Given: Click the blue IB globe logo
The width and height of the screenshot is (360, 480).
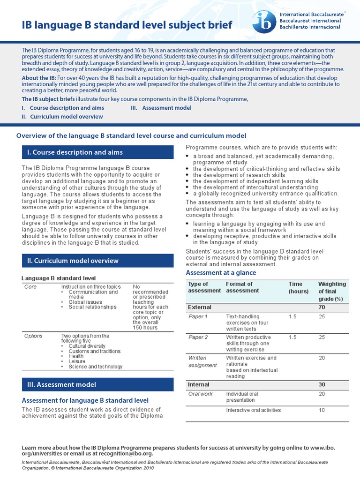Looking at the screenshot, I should click(264, 22).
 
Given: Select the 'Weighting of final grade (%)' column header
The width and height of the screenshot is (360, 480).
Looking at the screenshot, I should click(332, 291).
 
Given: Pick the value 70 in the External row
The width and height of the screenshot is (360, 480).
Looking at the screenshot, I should click(322, 307).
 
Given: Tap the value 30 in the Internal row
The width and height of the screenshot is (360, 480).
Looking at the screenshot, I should click(322, 384).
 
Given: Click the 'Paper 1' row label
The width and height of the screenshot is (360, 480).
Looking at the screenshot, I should click(197, 317).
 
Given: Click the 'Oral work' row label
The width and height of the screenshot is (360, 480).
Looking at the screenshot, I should click(200, 394).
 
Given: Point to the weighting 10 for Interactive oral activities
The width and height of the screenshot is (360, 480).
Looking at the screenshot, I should click(322, 410).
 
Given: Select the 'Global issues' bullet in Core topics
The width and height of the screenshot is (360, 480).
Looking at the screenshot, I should click(86, 302).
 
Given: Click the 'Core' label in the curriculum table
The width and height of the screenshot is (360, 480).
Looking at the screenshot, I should click(30, 286).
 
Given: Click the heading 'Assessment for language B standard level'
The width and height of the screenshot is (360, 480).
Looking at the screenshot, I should click(85, 400).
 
